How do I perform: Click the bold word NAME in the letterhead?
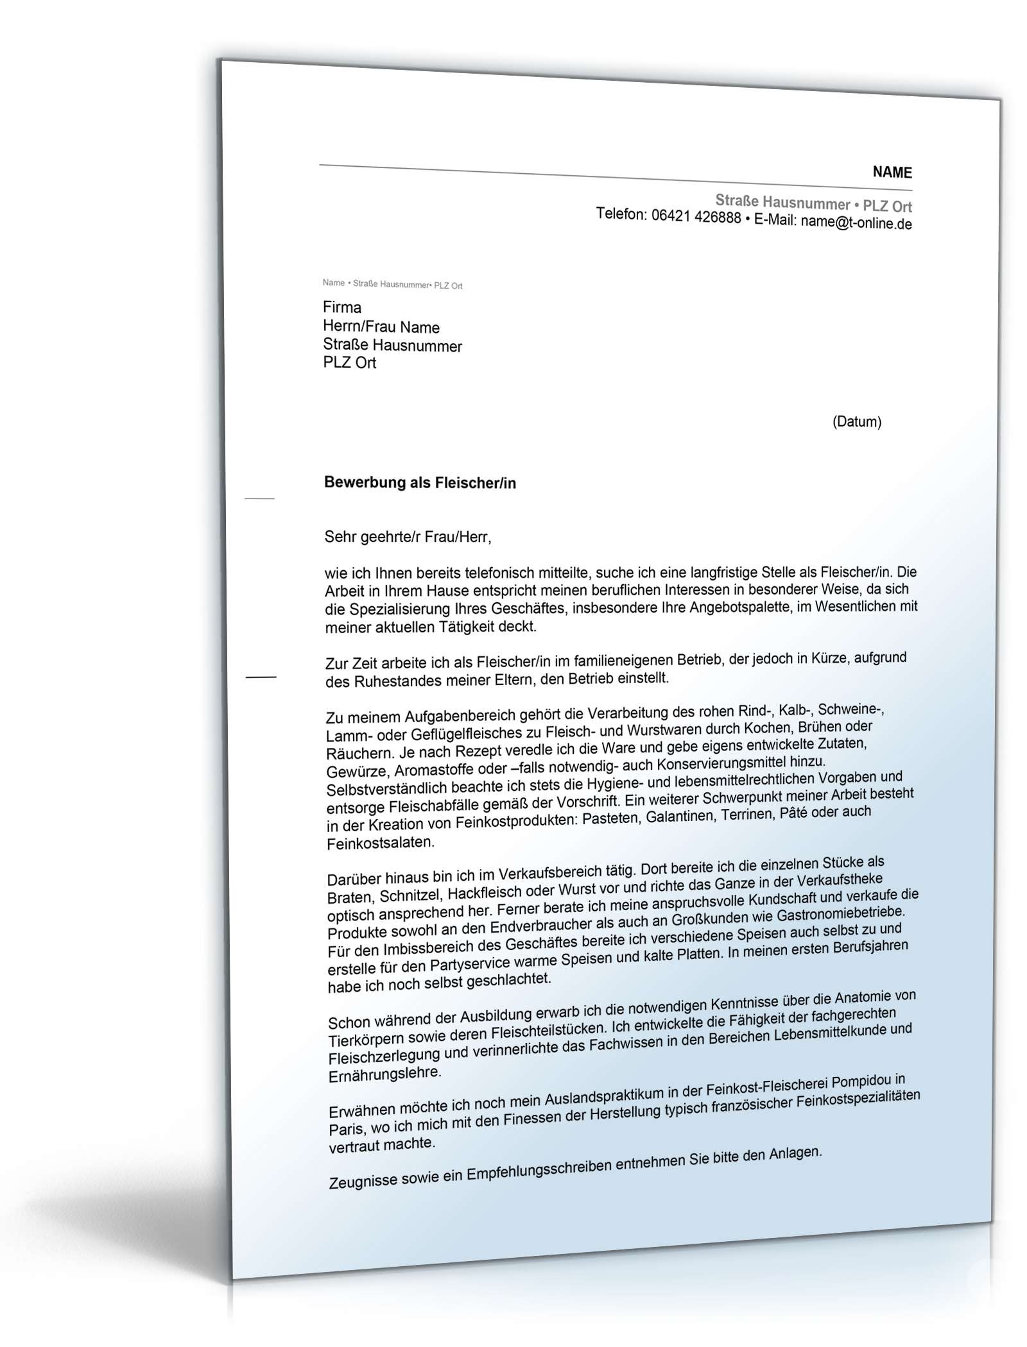pos(892,172)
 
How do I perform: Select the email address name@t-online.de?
pos(856,223)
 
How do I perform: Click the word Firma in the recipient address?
pos(342,307)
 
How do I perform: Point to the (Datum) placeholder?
pos(856,422)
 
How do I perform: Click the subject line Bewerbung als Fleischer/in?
pos(420,483)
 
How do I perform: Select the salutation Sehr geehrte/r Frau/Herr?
pos(408,537)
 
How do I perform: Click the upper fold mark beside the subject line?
pos(260,498)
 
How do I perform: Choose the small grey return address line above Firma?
pos(392,284)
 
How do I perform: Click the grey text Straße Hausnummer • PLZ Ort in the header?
pos(813,205)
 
